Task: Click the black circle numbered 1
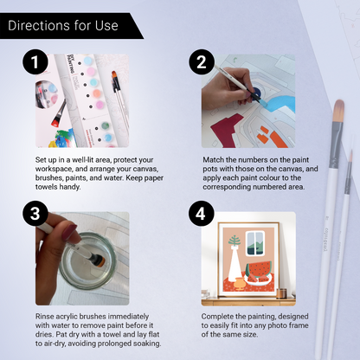pyautogui.click(x=35, y=61)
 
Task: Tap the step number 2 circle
pyautogui.click(x=202, y=61)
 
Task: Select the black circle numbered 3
pyautogui.click(x=35, y=214)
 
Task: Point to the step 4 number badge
pyautogui.click(x=202, y=214)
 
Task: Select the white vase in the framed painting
pyautogui.click(x=235, y=263)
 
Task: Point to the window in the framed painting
pyautogui.click(x=255, y=243)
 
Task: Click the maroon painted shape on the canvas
pyautogui.click(x=228, y=130)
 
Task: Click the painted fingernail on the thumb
pyautogui.click(x=69, y=233)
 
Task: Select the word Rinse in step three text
pyautogui.click(x=44, y=317)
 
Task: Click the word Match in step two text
pyautogui.click(x=212, y=159)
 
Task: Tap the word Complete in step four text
pyautogui.click(x=216, y=317)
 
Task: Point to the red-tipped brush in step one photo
pyautogui.click(x=59, y=113)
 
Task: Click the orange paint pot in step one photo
pyautogui.click(x=97, y=93)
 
